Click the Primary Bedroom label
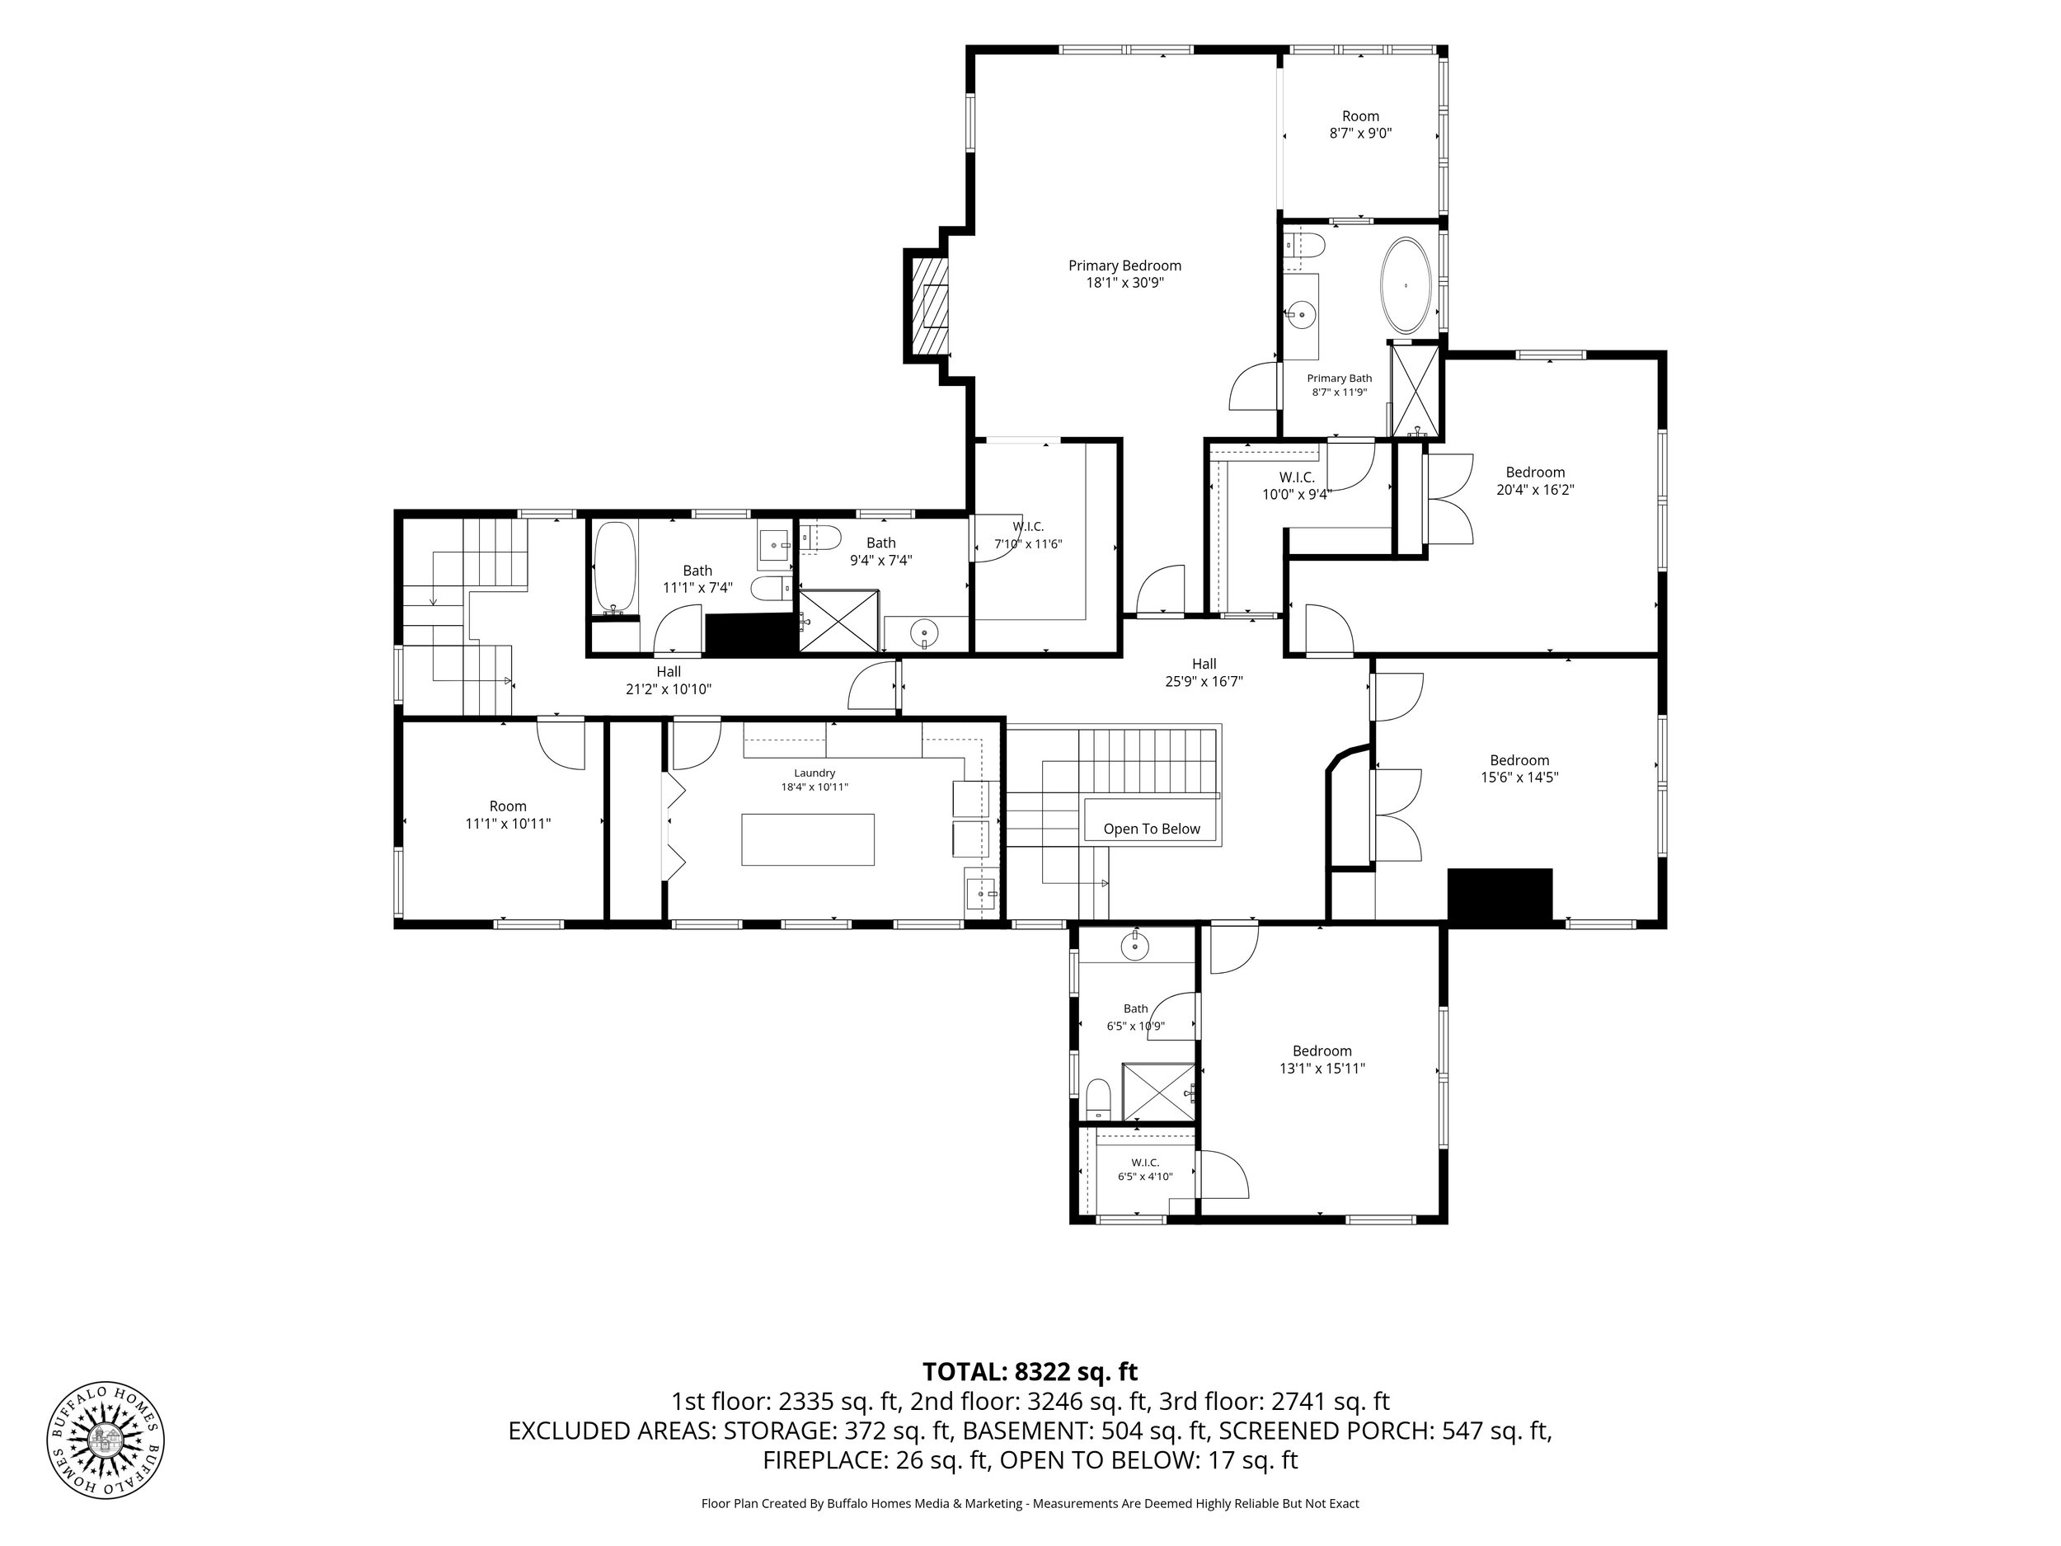(x=1124, y=274)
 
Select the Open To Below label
(x=1152, y=829)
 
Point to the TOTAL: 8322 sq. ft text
(x=1030, y=1372)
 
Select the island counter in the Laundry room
(x=808, y=839)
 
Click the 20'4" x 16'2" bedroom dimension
(x=1534, y=489)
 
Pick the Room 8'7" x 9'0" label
(x=1360, y=125)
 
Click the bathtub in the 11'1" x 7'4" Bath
(x=615, y=567)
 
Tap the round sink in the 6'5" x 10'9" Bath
(x=1135, y=947)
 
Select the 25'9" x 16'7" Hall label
(x=1204, y=673)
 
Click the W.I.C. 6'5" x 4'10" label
(x=1145, y=1169)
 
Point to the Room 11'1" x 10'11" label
(x=508, y=815)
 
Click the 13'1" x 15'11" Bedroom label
(x=1322, y=1060)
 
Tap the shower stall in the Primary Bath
(x=1414, y=391)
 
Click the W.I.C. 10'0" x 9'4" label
(x=1296, y=486)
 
